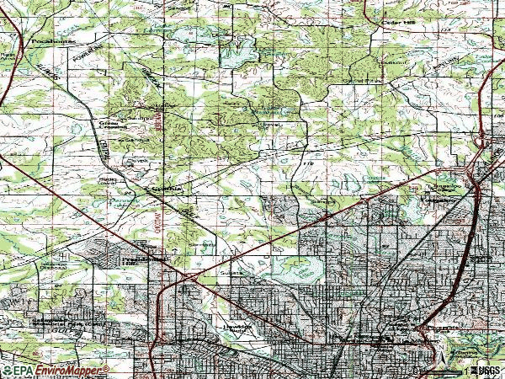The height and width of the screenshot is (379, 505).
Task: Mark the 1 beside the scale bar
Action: pos(464,371)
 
